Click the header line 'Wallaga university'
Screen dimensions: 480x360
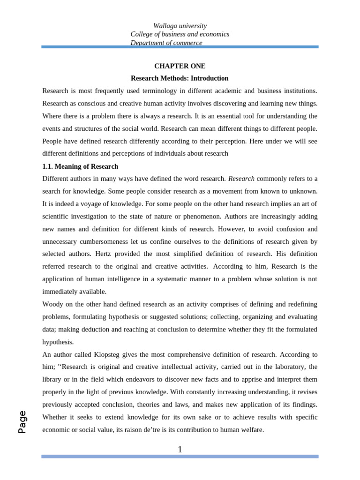180,26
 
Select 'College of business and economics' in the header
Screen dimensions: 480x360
180,34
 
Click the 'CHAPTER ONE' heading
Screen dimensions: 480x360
180,66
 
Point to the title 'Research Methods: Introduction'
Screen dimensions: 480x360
180,78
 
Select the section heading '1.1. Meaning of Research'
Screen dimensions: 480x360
80,166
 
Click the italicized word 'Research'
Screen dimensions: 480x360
241,179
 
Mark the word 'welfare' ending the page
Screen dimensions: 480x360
252,429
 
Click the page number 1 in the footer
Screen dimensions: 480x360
180,450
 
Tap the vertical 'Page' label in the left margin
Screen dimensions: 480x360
22,421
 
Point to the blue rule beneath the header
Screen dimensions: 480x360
180,47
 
